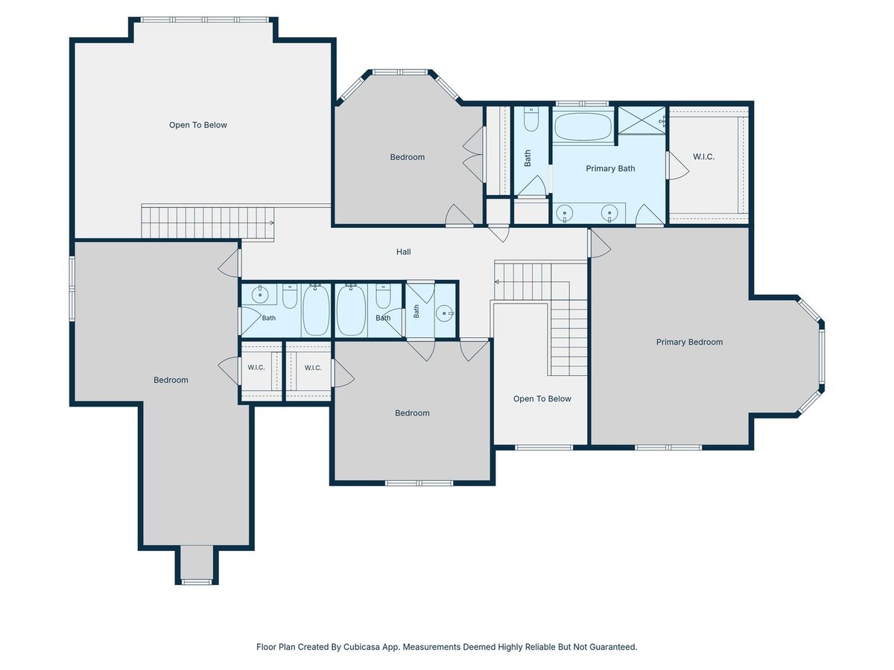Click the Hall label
pyautogui.click(x=403, y=252)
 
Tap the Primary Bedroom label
pyautogui.click(x=689, y=342)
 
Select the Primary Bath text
pyautogui.click(x=610, y=168)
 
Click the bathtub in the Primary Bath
pyautogui.click(x=583, y=127)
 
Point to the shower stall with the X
pyautogui.click(x=641, y=120)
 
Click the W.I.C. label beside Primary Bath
pyautogui.click(x=703, y=156)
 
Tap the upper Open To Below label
pyautogui.click(x=198, y=125)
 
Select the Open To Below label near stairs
pyautogui.click(x=542, y=399)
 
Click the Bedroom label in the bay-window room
pyautogui.click(x=408, y=157)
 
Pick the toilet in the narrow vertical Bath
pyautogui.click(x=530, y=120)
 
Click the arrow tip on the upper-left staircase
pyautogui.click(x=273, y=223)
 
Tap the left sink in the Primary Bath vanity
pyautogui.click(x=565, y=213)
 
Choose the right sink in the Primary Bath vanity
pyautogui.click(x=609, y=213)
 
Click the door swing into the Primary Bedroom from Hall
pyautogui.click(x=600, y=243)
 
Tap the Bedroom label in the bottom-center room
pyautogui.click(x=412, y=413)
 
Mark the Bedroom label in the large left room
pyautogui.click(x=171, y=380)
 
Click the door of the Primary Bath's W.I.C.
pyautogui.click(x=677, y=165)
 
